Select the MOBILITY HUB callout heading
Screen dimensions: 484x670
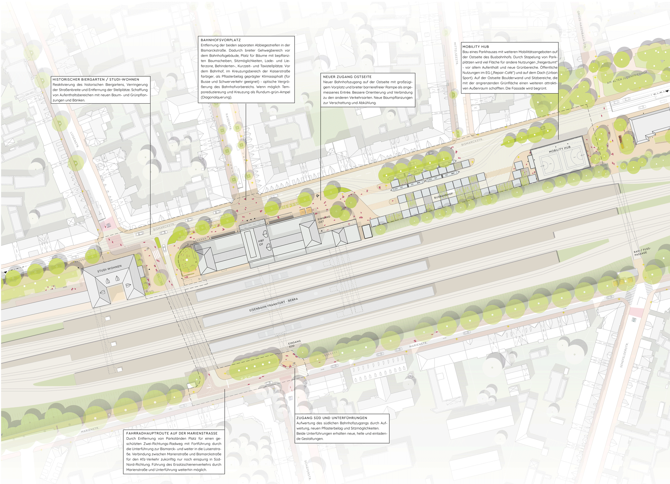pyautogui.click(x=476, y=47)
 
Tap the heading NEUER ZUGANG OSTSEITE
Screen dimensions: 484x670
pyautogui.click(x=347, y=77)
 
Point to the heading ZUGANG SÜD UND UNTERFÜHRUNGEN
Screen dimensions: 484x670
pyautogui.click(x=332, y=418)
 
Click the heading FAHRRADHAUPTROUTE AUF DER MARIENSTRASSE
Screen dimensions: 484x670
pyautogui.click(x=172, y=433)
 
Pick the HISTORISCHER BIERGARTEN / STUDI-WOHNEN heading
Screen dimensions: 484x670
pyautogui.click(x=96, y=80)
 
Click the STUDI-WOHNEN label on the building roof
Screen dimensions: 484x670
pyautogui.click(x=109, y=269)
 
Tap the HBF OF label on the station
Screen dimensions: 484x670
pyautogui.click(x=261, y=243)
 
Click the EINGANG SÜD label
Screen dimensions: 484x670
pyautogui.click(x=294, y=344)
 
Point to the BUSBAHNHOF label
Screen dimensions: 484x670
pyautogui.click(x=443, y=196)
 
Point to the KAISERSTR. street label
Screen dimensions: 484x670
pyautogui.click(x=229, y=122)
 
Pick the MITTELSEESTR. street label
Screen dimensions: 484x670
pyautogui.click(x=456, y=53)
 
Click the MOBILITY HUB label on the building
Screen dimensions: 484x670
pyautogui.click(x=559, y=149)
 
